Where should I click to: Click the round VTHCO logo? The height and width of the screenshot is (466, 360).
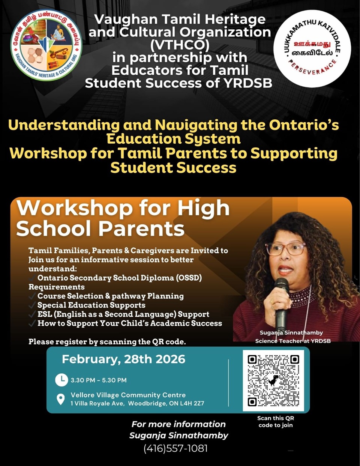[x=46, y=45]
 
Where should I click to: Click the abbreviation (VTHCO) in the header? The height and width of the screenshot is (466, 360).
[x=180, y=45]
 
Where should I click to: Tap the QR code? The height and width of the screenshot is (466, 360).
[x=273, y=380]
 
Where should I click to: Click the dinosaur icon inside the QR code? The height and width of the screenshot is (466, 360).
[x=273, y=380]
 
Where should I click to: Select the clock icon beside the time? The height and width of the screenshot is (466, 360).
[x=61, y=380]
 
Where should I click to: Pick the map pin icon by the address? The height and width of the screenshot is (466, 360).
[x=60, y=399]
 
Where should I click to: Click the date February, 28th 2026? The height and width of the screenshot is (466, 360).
[x=123, y=359]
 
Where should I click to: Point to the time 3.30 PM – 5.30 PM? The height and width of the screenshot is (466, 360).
[x=99, y=380]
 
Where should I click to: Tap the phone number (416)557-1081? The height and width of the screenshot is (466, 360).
[x=175, y=448]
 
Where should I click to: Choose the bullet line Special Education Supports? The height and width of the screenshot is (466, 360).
[x=91, y=305]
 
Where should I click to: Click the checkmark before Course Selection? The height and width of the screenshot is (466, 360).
[x=32, y=296]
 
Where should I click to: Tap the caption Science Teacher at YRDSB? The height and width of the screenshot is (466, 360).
[x=293, y=341]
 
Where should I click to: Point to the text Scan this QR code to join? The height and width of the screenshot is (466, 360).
[x=276, y=422]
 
